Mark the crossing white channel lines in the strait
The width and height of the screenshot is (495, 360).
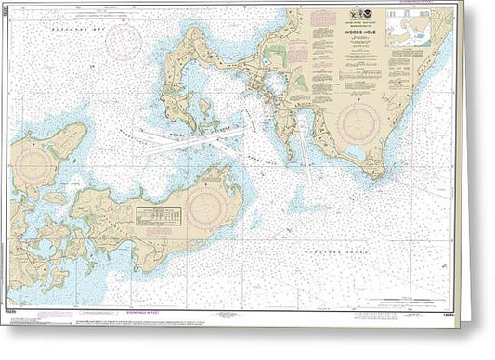tap(190, 140)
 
